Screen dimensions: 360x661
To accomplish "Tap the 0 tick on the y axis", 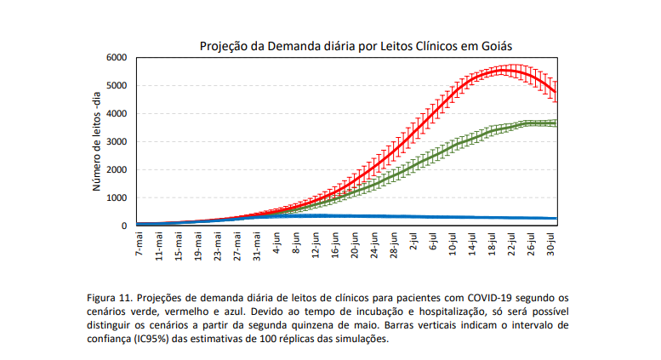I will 123,226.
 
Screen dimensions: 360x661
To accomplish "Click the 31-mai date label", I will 256,246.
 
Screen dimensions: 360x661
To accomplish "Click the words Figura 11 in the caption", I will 112,297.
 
